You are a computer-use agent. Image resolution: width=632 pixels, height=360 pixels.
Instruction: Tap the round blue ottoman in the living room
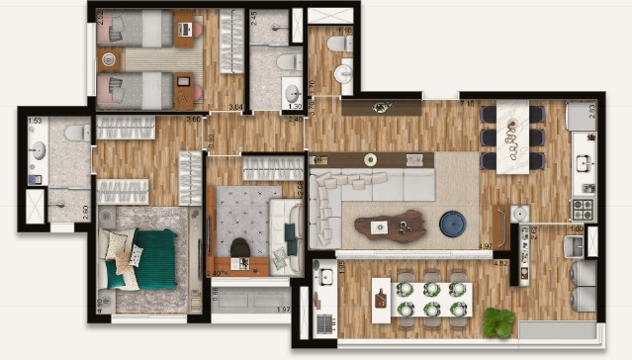[x=455, y=224]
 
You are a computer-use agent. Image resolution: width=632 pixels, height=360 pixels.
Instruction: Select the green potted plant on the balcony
[x=499, y=321]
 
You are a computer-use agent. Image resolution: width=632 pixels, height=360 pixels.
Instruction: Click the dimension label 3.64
[x=236, y=106]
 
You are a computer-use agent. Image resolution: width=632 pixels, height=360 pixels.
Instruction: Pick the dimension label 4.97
[x=485, y=245]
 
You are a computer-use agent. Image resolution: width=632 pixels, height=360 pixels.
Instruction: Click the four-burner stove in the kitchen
[x=581, y=209]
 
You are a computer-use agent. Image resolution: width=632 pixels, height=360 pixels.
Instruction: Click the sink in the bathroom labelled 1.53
[x=38, y=150]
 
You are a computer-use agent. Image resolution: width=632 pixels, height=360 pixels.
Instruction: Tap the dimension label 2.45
[x=254, y=17]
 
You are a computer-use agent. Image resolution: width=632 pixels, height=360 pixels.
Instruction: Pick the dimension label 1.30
[x=293, y=106]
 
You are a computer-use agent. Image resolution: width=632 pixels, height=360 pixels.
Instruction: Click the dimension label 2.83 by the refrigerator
[x=591, y=110]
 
